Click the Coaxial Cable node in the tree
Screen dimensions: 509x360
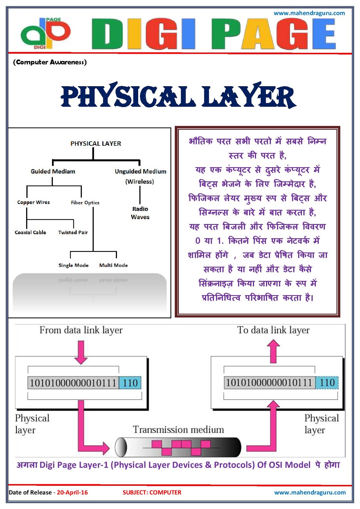[x=31, y=233]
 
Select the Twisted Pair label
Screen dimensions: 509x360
[x=73, y=233]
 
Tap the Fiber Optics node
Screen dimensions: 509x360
[x=85, y=203]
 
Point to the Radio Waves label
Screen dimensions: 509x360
[x=140, y=213]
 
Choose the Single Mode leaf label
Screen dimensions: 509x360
[x=74, y=265]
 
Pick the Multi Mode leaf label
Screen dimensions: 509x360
[x=113, y=265]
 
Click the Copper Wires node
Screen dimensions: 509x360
[x=33, y=202]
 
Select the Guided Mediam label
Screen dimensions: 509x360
[x=53, y=171]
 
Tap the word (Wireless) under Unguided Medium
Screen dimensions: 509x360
[x=139, y=182]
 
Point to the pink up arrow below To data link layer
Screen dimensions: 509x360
[x=273, y=351]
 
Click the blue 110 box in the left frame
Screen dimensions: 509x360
[x=130, y=383]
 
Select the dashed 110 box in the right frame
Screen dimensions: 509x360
[x=327, y=383]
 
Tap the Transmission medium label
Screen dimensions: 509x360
[x=178, y=430]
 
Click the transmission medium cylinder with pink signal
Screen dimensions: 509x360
[x=178, y=447]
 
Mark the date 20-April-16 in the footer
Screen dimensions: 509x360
[x=72, y=492]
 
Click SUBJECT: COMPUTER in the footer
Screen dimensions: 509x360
[x=152, y=492]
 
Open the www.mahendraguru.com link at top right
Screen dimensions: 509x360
[x=309, y=13]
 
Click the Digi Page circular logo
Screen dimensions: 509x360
[x=45, y=33]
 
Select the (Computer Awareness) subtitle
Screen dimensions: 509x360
[x=50, y=62]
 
